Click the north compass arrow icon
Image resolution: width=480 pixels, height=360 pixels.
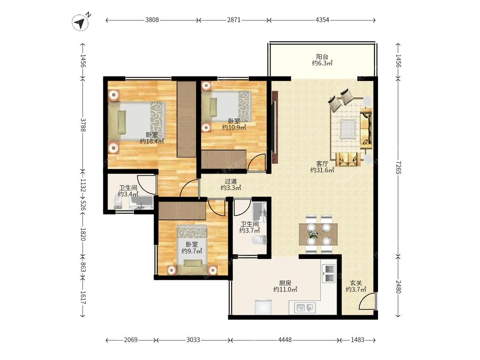pyautogui.click(x=81, y=22)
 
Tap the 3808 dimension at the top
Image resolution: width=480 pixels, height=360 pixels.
pyautogui.click(x=152, y=20)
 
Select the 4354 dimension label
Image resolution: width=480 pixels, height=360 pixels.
pyautogui.click(x=322, y=20)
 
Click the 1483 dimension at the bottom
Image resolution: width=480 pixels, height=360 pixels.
pyautogui.click(x=358, y=340)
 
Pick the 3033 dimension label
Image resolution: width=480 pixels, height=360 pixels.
pyautogui.click(x=193, y=340)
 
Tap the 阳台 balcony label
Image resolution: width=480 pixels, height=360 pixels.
pyautogui.click(x=322, y=57)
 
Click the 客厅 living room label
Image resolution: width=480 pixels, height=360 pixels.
pyautogui.click(x=322, y=164)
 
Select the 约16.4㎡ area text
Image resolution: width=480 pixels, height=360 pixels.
pyautogui.click(x=152, y=141)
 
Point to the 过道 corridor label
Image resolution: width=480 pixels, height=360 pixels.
pyautogui.click(x=231, y=181)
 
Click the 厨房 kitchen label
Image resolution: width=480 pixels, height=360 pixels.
pyautogui.click(x=285, y=283)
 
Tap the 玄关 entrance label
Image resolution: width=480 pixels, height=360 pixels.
pyautogui.click(x=356, y=283)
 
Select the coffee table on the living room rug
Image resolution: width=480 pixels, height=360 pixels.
pyautogui.click(x=347, y=128)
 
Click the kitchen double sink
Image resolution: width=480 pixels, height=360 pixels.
pyautogui.click(x=305, y=308)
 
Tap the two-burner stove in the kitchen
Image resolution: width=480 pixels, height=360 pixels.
pyautogui.click(x=329, y=273)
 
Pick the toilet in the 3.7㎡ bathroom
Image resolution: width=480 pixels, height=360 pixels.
pyautogui.click(x=259, y=240)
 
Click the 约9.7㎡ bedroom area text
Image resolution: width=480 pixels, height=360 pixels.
pyautogui.click(x=192, y=251)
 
